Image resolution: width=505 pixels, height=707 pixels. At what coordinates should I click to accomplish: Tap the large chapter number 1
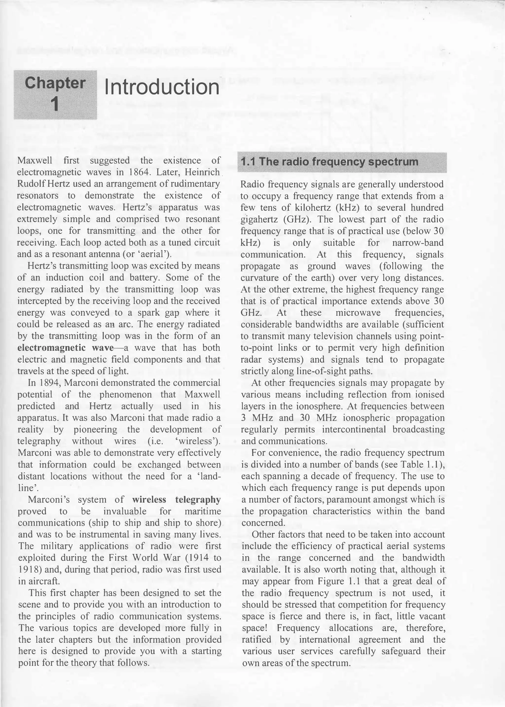point(55,104)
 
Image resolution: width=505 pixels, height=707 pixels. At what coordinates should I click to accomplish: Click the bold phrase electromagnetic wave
point(66,348)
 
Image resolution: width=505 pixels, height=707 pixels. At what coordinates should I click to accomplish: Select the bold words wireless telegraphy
point(176,500)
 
